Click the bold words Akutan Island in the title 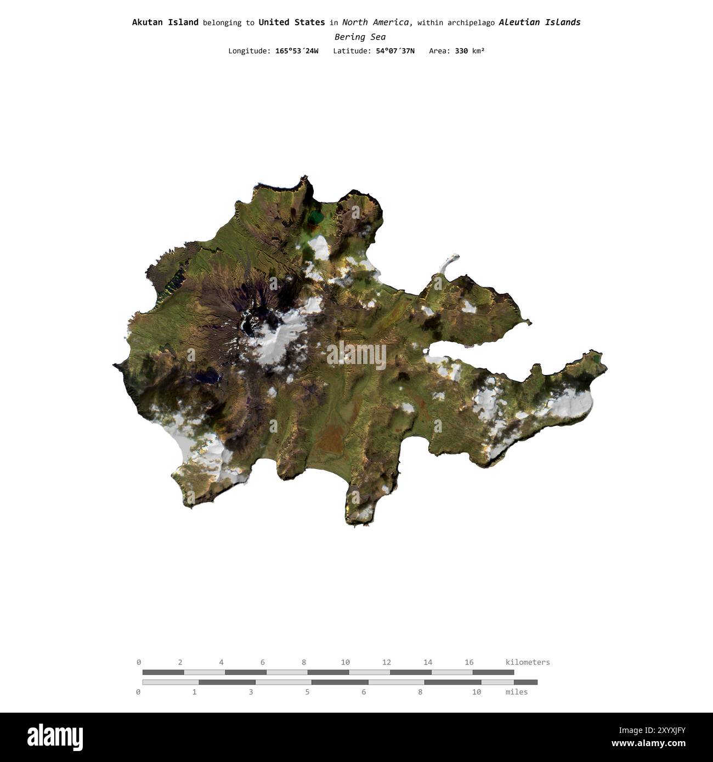[x=165, y=22]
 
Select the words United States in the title [x=291, y=22]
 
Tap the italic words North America [x=377, y=22]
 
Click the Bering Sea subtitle [x=360, y=37]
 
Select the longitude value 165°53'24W [x=297, y=51]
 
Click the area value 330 [x=461, y=51]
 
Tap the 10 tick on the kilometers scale [x=345, y=662]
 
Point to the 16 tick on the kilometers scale [x=469, y=662]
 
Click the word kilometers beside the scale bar [x=528, y=662]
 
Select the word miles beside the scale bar [x=517, y=692]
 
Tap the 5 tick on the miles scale [x=307, y=692]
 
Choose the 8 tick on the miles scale [x=420, y=692]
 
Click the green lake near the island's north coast [x=315, y=219]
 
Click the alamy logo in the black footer [x=55, y=737]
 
